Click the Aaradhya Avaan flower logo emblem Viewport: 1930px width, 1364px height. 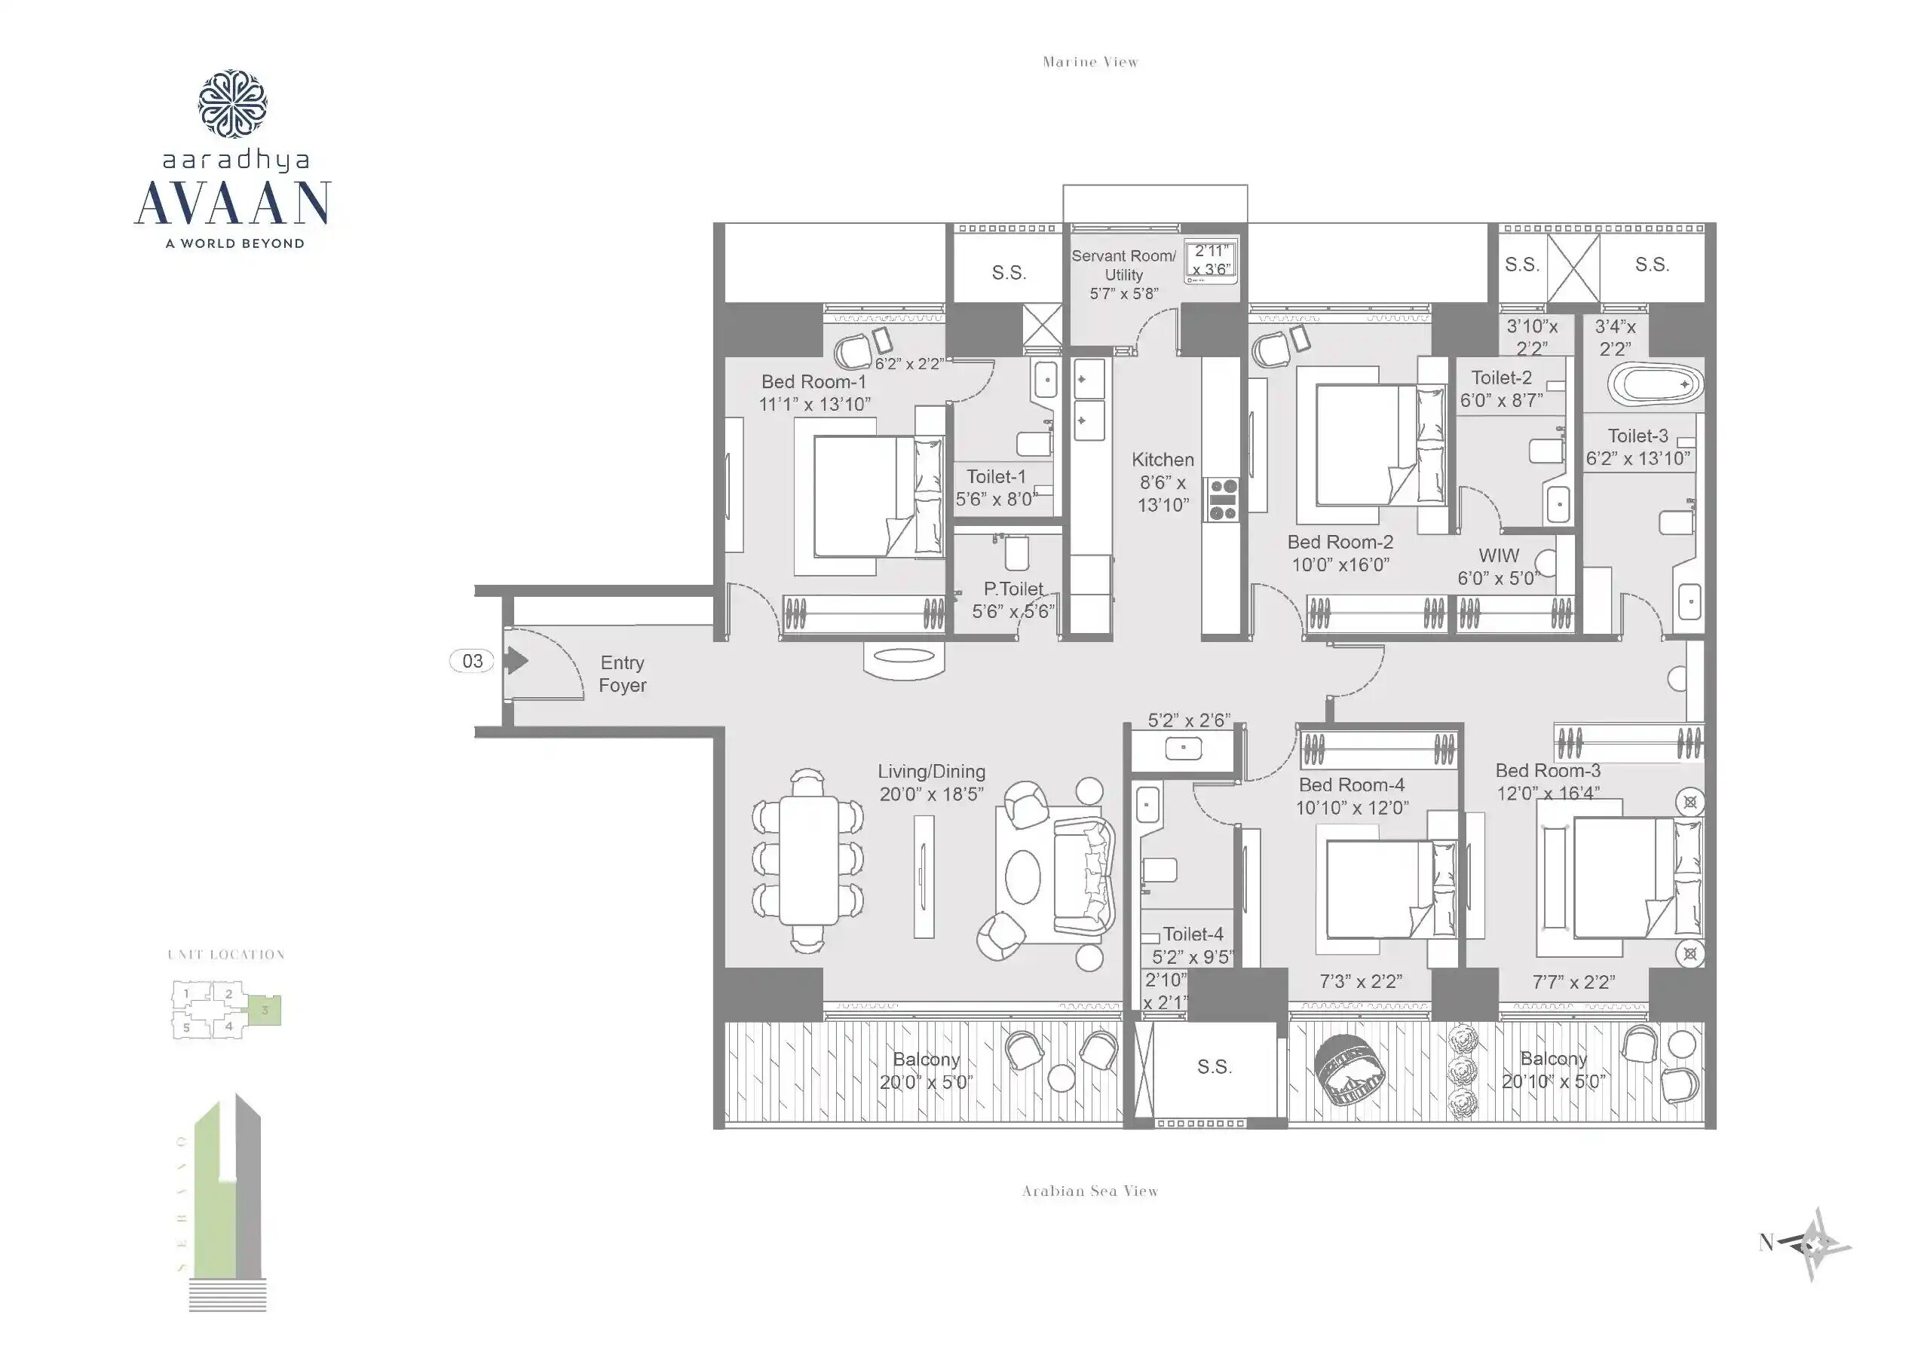pos(233,103)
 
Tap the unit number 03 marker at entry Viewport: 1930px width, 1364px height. pos(472,662)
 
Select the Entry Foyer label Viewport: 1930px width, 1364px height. pos(622,674)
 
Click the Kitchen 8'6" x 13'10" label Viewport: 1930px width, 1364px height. pos(1163,482)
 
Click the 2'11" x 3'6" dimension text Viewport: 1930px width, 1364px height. pos(1212,260)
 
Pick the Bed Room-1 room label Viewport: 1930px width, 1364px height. pos(813,393)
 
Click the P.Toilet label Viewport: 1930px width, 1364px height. pos(1013,600)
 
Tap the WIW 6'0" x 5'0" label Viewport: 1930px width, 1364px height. pos(1499,567)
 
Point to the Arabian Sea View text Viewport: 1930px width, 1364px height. pos(1090,1191)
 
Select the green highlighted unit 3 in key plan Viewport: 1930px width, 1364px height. pos(265,1010)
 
